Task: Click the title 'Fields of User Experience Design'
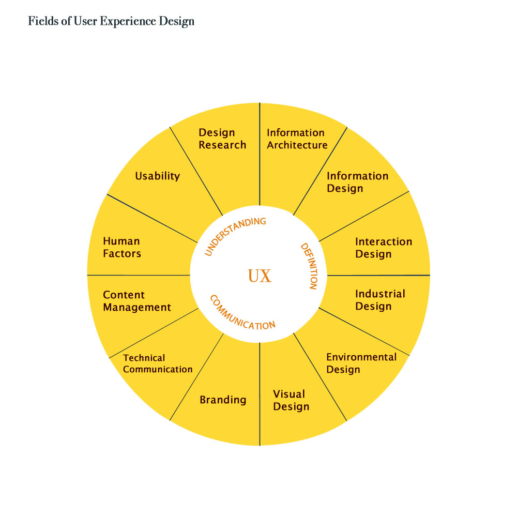tap(111, 21)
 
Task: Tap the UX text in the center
tap(260, 276)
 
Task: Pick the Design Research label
tap(222, 139)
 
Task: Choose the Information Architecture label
tap(297, 139)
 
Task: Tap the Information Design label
tap(357, 182)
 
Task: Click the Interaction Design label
tap(384, 248)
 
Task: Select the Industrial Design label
tap(380, 300)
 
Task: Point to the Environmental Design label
tap(361, 363)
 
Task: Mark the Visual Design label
tap(291, 400)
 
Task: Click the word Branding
tap(223, 400)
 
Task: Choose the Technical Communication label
tap(158, 363)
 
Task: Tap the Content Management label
tap(137, 301)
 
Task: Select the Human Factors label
tap(121, 247)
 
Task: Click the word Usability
tap(158, 176)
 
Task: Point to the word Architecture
tap(297, 145)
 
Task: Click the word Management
tap(137, 307)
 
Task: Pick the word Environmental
tap(361, 357)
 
